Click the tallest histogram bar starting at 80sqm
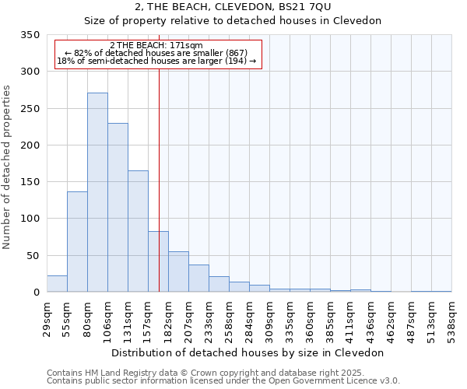point(97,192)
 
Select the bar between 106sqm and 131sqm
point(118,208)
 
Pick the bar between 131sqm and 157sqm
point(138,231)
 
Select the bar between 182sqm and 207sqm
point(178,272)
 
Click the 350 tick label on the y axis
point(30,35)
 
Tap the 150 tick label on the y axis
point(30,182)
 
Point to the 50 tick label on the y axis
point(32,255)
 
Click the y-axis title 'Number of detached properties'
point(7,167)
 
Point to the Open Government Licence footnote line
point(223,380)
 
